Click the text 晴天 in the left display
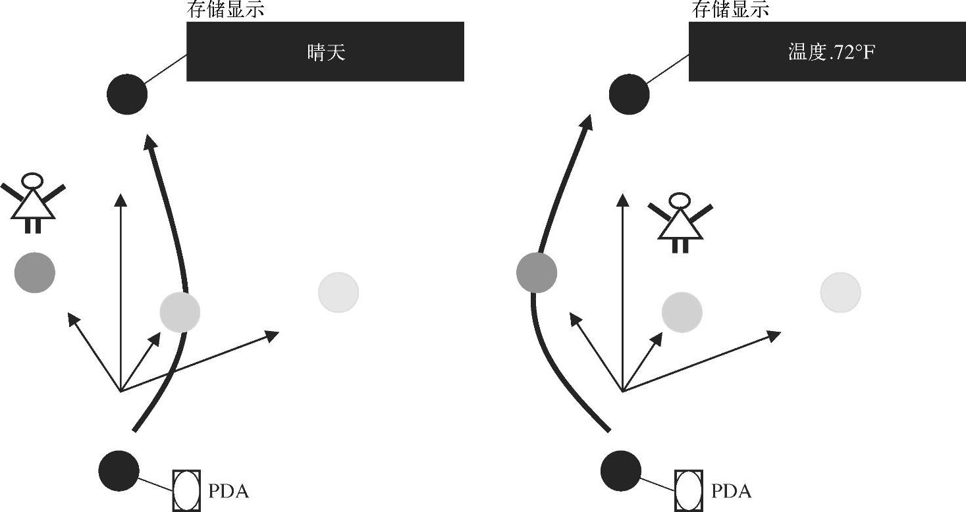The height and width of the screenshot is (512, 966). [326, 53]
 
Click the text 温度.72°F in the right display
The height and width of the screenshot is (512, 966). [832, 53]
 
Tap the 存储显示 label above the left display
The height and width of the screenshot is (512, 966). [227, 10]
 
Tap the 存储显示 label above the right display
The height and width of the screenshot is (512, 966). [730, 10]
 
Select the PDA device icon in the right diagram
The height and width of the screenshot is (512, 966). [689, 490]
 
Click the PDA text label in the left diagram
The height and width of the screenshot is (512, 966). [228, 492]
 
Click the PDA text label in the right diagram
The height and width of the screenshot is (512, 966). [731, 492]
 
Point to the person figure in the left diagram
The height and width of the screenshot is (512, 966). [33, 202]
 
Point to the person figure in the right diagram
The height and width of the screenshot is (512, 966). [680, 222]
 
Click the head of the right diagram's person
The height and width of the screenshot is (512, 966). [680, 200]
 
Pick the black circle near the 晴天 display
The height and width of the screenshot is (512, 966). [127, 94]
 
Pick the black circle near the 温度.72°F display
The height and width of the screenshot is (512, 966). [629, 94]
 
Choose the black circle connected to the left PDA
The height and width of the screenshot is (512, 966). [119, 471]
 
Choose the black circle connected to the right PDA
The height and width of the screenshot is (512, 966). [621, 471]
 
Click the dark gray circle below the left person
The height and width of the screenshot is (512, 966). [35, 272]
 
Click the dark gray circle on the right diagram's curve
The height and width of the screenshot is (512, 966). [537, 272]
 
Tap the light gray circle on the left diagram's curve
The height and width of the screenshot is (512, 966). [180, 312]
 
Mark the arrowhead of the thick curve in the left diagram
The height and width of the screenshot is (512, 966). [150, 141]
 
